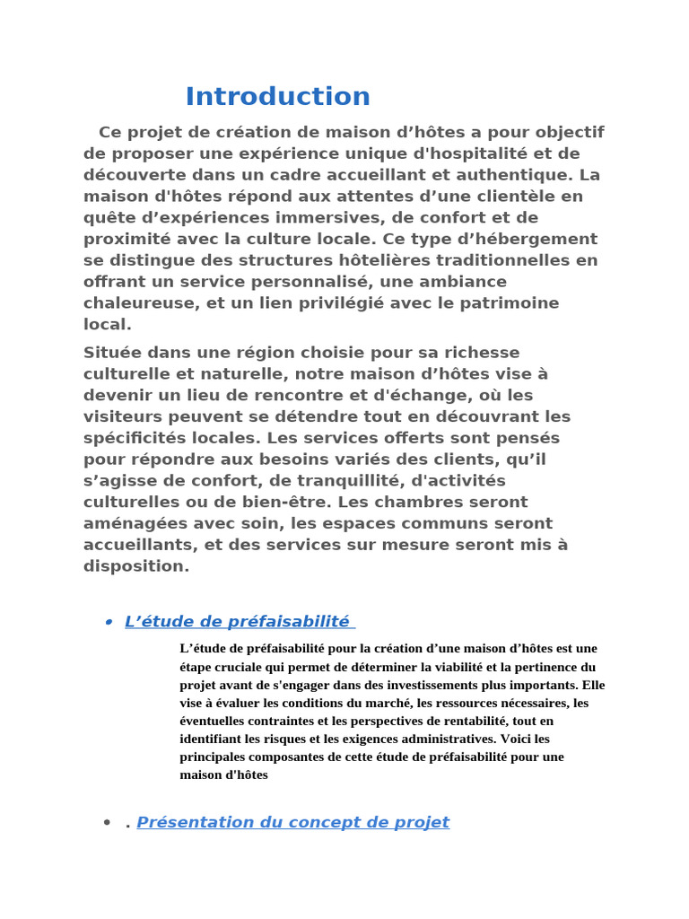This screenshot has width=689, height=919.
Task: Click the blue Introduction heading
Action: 277,96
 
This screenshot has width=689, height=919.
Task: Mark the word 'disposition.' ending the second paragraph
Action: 136,565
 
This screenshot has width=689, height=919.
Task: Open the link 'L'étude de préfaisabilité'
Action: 237,621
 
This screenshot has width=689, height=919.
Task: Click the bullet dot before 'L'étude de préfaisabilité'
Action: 108,622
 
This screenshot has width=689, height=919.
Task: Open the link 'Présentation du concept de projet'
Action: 292,822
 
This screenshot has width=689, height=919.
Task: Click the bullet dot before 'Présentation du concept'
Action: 108,823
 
